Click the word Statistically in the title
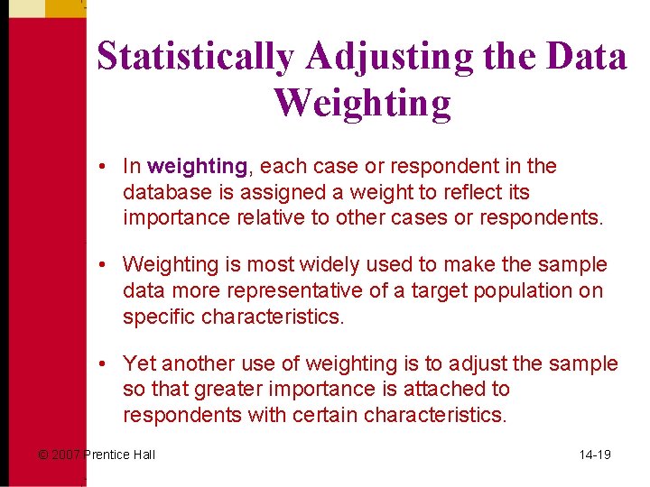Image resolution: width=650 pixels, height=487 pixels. pos(195,57)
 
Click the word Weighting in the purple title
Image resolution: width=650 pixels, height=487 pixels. pos(363,103)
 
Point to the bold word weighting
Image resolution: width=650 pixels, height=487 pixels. pos(197,167)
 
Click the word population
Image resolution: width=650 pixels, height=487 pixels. pos(541,290)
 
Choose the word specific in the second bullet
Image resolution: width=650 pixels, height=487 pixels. pos(159,317)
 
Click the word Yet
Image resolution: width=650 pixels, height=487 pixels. pos(138,363)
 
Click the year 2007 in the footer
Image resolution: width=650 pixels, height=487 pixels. pos(66,455)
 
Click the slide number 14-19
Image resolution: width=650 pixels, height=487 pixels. pos(595,455)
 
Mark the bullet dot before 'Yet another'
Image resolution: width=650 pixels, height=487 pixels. pos(105,363)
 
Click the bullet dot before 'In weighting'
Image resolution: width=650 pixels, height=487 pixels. pos(105,167)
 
